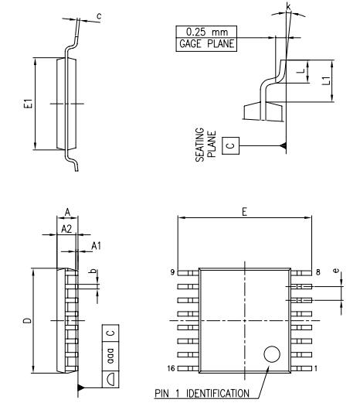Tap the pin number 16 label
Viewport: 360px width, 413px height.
point(171,368)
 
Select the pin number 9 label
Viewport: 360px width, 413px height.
point(172,272)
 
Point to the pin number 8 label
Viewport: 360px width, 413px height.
point(318,272)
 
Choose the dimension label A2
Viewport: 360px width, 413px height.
point(66,229)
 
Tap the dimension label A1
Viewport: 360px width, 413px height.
point(96,246)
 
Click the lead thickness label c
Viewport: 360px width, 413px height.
point(99,16)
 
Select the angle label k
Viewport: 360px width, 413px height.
point(289,6)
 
